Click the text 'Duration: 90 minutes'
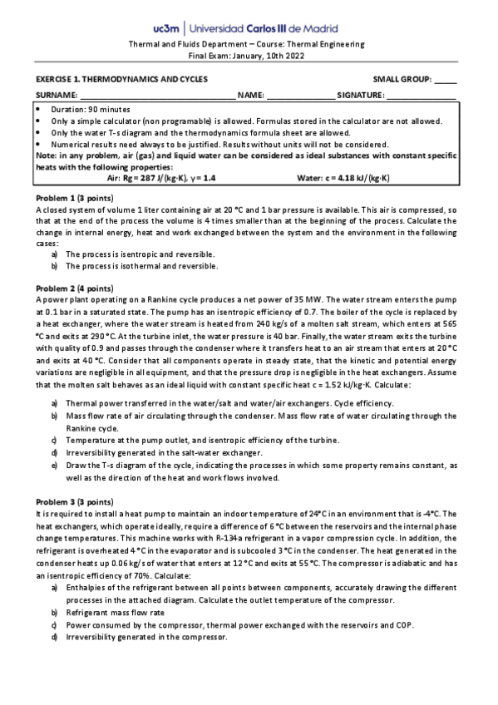[x=91, y=110]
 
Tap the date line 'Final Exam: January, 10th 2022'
[x=249, y=55]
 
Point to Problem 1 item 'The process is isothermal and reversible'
[x=141, y=266]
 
